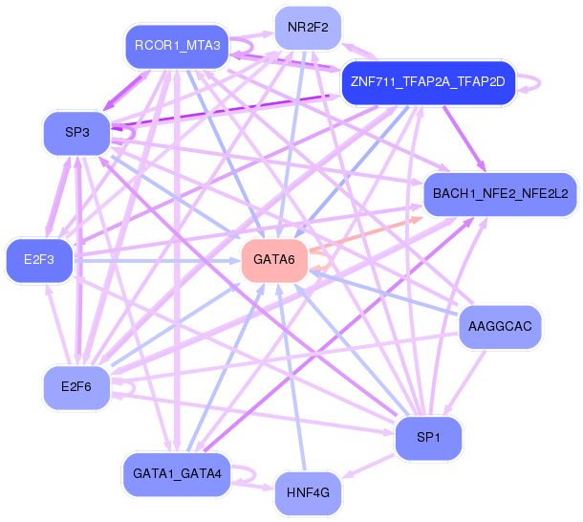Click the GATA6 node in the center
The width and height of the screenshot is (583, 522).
[x=274, y=260]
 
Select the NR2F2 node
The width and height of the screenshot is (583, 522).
[x=308, y=28]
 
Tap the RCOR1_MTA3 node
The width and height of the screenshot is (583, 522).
[x=177, y=46]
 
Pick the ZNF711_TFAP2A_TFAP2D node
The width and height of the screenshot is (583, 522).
[x=428, y=82]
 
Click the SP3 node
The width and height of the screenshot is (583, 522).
[x=77, y=133]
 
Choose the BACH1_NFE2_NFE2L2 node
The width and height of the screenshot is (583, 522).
[x=500, y=194]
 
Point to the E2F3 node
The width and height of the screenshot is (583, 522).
[x=39, y=260]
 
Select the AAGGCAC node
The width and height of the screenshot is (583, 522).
[x=500, y=327]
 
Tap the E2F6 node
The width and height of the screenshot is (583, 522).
[x=76, y=387]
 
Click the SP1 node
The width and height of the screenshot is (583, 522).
[x=428, y=438]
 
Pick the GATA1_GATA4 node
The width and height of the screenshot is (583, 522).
[x=177, y=474]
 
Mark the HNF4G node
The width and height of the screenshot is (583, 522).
[x=308, y=493]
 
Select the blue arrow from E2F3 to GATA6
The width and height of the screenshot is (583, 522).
[x=157, y=261]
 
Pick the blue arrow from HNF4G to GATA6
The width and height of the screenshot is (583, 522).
[x=291, y=377]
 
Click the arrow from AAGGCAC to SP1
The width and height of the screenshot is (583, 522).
[x=465, y=382]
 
